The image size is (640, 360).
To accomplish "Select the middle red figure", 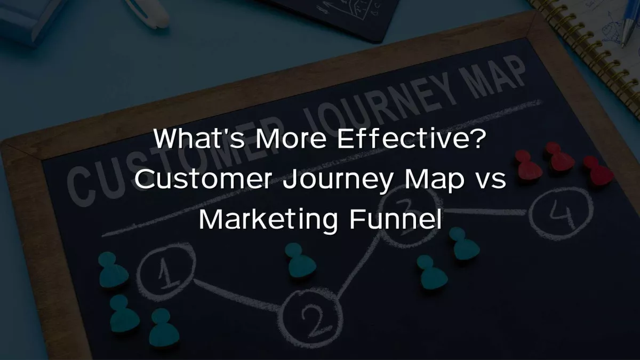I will click(558, 157).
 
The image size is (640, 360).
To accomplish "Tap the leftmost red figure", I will click(529, 164).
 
